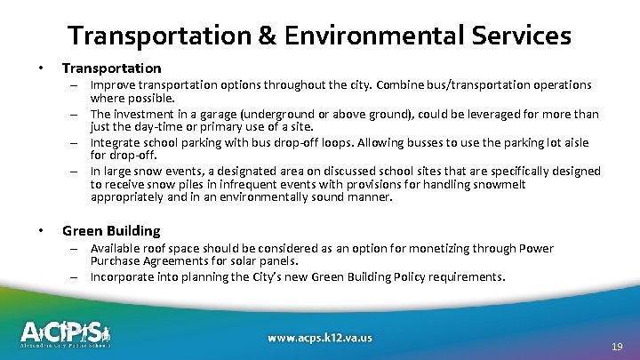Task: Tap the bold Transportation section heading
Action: (x=112, y=68)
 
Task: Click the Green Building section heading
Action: (x=111, y=230)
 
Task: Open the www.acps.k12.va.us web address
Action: (x=320, y=338)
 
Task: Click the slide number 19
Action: (x=617, y=347)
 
